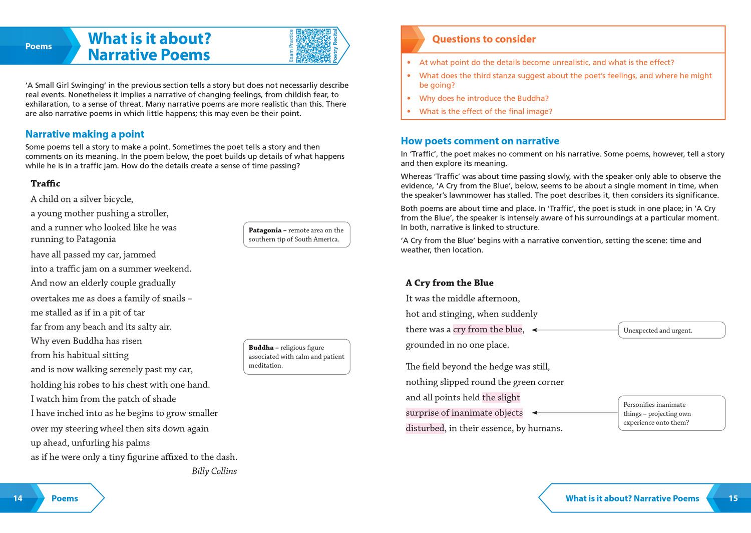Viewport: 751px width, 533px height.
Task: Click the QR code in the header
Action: [313, 46]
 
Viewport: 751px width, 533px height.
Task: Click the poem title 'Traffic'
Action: [46, 183]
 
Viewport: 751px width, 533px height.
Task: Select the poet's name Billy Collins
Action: [214, 471]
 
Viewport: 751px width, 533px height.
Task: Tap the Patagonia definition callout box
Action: [296, 234]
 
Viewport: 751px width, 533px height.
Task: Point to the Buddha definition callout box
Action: [296, 357]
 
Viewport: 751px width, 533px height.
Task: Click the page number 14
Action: [18, 498]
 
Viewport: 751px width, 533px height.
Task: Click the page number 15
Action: [733, 498]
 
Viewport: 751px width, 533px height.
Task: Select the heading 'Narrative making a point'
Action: [85, 134]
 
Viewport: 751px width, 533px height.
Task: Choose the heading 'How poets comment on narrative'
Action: [480, 141]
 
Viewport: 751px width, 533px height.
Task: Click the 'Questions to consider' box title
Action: [484, 39]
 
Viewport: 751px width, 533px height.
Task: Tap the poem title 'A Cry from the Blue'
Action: [450, 283]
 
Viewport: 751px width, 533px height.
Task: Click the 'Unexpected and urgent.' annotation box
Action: [671, 330]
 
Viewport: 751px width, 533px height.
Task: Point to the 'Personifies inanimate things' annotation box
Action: [671, 413]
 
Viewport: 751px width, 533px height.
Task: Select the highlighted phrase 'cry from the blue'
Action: [488, 329]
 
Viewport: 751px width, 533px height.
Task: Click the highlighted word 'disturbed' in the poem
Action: [425, 428]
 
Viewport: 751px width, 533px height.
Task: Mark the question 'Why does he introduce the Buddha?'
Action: [484, 98]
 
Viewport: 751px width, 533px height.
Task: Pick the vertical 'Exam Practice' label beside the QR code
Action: [291, 46]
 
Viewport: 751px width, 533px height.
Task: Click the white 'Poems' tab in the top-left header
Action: [39, 46]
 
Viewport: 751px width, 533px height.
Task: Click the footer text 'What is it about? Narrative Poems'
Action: [632, 498]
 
